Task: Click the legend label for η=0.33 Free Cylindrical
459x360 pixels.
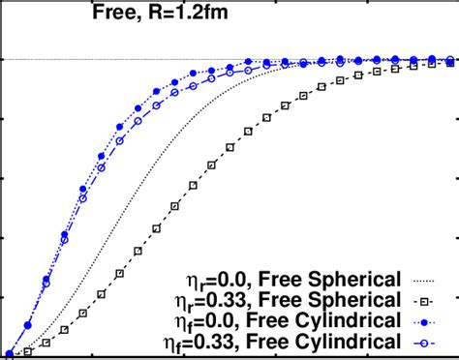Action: point(284,342)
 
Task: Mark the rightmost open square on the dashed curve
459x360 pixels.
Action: point(451,63)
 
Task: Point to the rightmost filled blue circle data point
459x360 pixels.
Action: point(451,60)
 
